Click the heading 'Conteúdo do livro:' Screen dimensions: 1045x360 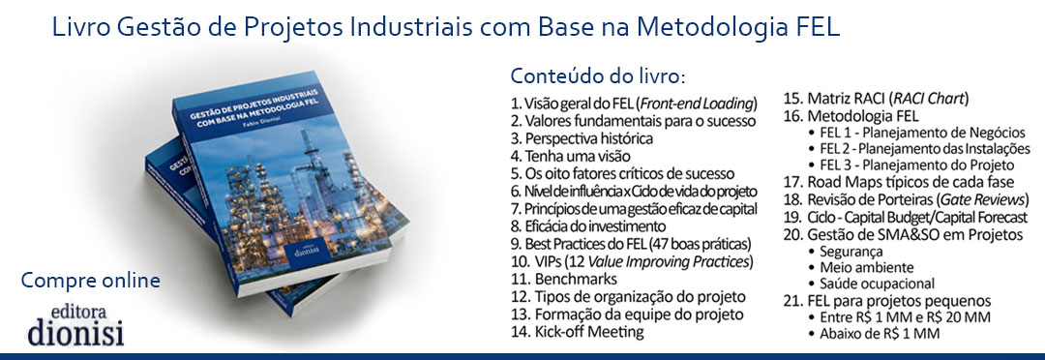(x=597, y=75)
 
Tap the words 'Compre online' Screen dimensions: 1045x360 (x=91, y=280)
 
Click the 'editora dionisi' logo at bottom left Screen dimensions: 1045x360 (x=76, y=326)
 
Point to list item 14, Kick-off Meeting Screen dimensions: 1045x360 (x=577, y=331)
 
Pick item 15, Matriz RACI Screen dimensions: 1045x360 (x=876, y=100)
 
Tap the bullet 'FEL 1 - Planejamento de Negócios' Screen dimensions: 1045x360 (x=913, y=133)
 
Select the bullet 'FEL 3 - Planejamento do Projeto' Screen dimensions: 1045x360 (x=911, y=165)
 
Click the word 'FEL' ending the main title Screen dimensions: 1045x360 (x=818, y=27)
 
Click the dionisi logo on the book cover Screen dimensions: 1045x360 (x=308, y=250)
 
